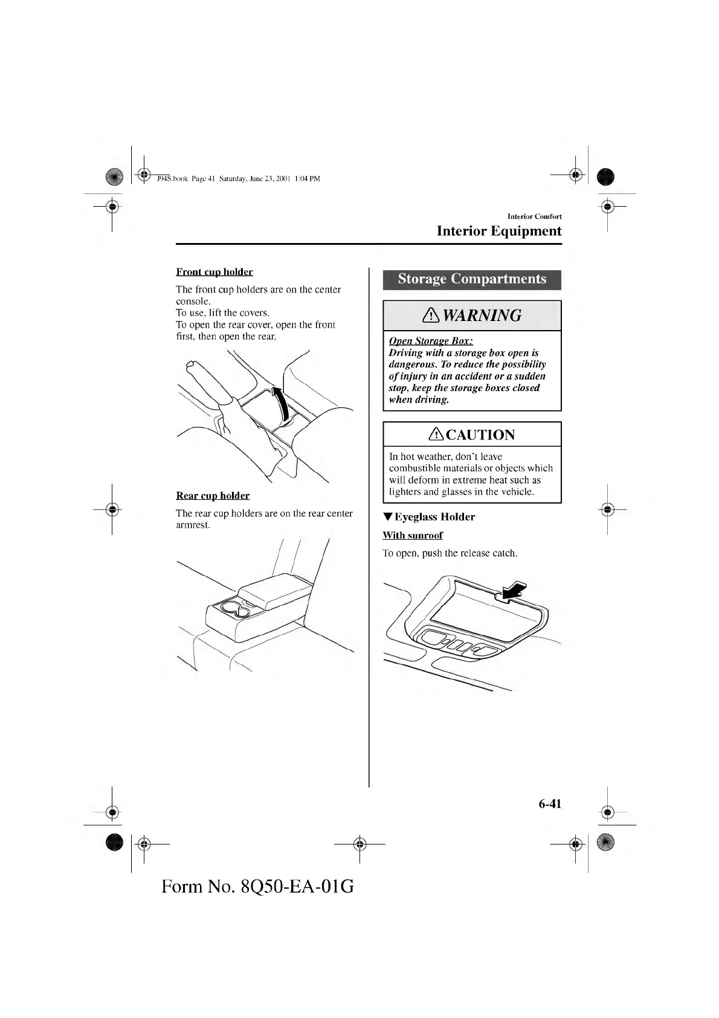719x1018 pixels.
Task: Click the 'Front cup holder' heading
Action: [x=214, y=272]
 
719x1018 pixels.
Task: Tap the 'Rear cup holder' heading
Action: [x=213, y=496]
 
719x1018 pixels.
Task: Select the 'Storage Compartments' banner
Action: [x=472, y=279]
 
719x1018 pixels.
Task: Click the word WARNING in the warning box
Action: [x=482, y=316]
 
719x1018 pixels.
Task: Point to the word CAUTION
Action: [x=480, y=435]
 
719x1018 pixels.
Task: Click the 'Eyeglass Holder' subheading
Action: [x=434, y=517]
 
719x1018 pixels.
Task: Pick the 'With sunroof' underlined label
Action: [x=413, y=536]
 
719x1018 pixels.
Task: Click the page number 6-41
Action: [x=550, y=803]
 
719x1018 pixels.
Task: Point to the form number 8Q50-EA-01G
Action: [x=258, y=886]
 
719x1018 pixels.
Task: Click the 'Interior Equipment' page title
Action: [x=498, y=231]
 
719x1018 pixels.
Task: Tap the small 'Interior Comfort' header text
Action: [x=534, y=216]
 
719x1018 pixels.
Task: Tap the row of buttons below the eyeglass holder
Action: [x=460, y=644]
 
